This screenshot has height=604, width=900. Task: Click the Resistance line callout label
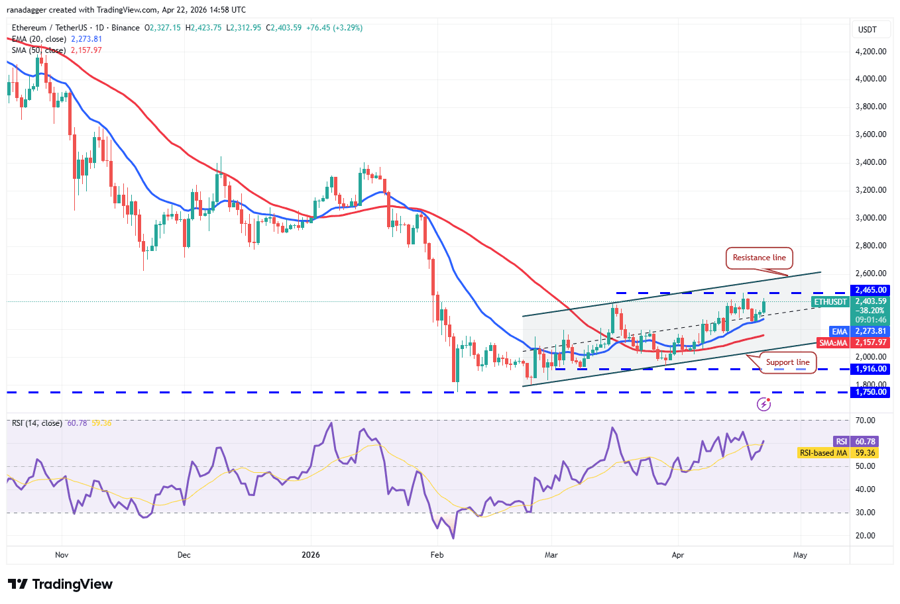(x=759, y=258)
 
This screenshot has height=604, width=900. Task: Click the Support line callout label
(x=787, y=362)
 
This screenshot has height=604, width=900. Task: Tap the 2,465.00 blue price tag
(x=870, y=290)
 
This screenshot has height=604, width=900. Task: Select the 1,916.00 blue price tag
(x=870, y=369)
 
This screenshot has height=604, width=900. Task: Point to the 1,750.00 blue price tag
(x=870, y=392)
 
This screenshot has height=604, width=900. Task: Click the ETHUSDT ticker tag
(x=830, y=302)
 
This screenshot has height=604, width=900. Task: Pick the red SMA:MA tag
(x=833, y=342)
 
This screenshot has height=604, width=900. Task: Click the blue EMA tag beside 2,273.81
(x=839, y=331)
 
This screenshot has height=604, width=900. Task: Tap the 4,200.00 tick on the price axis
(x=870, y=51)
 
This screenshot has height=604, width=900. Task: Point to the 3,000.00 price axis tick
(x=870, y=217)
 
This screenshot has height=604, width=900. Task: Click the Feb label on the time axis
(x=437, y=555)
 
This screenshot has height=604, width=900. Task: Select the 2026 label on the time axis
(x=310, y=555)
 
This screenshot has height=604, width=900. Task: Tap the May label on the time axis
(x=800, y=555)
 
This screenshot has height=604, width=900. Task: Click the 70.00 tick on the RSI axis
(x=866, y=421)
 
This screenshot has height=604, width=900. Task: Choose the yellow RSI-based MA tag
(x=823, y=453)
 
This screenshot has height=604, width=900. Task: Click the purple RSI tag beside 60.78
(x=840, y=442)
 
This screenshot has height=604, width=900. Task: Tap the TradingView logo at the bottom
(x=60, y=584)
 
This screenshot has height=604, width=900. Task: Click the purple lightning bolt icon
(x=763, y=403)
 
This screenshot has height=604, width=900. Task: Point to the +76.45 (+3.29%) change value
(x=334, y=28)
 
